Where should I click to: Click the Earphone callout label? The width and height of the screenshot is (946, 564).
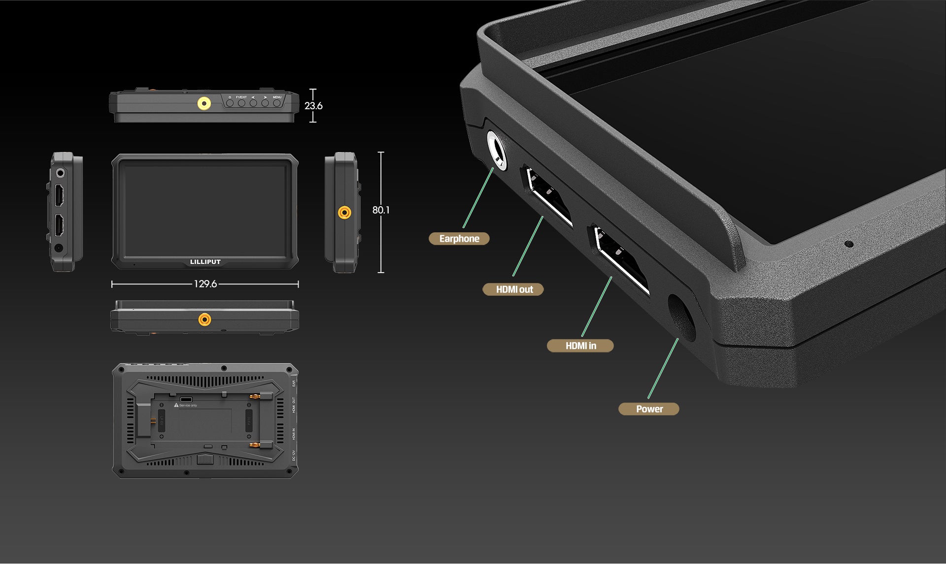[459, 239]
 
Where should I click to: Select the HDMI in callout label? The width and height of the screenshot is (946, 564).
[580, 346]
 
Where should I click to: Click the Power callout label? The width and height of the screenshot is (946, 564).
[649, 409]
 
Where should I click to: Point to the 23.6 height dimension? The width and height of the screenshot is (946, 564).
[313, 106]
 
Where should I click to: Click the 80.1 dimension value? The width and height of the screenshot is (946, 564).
[381, 210]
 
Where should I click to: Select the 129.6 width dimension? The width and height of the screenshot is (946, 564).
[205, 284]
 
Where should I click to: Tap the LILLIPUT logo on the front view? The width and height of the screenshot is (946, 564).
[205, 262]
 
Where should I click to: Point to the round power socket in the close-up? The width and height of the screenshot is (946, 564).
[681, 317]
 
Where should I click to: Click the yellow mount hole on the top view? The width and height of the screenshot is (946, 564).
[204, 103]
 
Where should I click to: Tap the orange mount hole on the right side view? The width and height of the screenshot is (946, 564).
[344, 213]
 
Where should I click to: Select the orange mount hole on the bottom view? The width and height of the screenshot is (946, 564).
[204, 320]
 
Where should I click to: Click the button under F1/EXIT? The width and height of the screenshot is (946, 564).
[241, 103]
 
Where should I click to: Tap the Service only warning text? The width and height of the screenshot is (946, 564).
[187, 406]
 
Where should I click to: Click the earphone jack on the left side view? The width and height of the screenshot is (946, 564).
[60, 173]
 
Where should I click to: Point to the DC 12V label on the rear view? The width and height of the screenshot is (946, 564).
[294, 456]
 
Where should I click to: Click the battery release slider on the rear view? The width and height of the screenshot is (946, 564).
[205, 460]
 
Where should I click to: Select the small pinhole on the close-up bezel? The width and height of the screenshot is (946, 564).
[848, 244]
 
